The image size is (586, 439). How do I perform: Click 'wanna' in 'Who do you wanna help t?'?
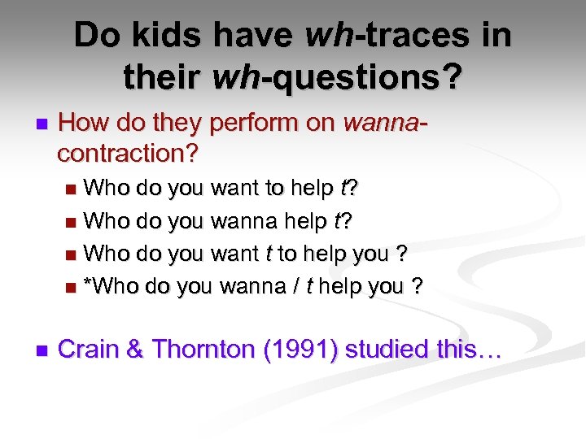coord(243,221)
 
